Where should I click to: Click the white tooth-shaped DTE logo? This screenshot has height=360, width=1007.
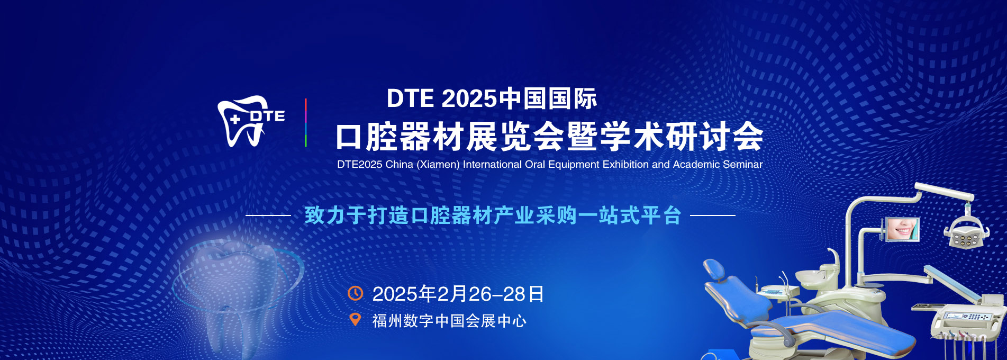coord(250,121)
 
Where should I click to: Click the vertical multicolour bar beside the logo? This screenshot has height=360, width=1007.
coord(305,123)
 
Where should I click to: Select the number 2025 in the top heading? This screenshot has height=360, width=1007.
coord(469,98)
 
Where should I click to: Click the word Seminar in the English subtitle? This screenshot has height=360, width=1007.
coord(742,165)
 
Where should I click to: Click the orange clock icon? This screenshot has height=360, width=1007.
coord(355,293)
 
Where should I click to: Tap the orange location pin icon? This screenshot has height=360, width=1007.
coord(356,320)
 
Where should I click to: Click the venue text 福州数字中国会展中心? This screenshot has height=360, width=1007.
coord(449,321)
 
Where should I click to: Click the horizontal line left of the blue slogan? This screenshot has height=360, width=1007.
coord(268,215)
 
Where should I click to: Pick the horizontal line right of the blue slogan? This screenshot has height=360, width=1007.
coord(713,215)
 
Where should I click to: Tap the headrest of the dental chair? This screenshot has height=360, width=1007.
coord(714,269)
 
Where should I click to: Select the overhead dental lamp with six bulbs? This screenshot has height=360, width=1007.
coord(966,233)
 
